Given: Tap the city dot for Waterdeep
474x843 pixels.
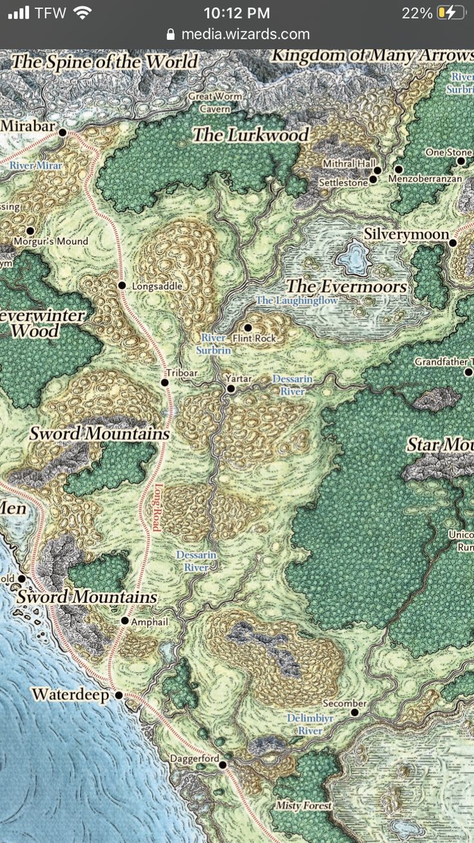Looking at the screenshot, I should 118,696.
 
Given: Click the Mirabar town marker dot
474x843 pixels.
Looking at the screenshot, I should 62,133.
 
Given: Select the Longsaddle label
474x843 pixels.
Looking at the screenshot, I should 157,286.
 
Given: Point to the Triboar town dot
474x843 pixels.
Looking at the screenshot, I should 165,383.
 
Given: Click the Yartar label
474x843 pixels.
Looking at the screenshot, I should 238,379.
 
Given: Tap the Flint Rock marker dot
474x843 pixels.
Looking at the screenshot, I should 247,328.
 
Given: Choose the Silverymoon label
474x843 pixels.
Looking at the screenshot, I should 406,234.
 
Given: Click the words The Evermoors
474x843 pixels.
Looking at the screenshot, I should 346,286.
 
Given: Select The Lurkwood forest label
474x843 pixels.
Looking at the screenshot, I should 251,135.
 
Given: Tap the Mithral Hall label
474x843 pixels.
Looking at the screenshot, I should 348,164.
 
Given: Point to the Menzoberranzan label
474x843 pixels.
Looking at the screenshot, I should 425,179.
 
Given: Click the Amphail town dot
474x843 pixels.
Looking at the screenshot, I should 125,621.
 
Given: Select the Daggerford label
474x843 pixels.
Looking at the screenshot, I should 194,759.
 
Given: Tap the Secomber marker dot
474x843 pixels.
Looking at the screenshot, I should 354,712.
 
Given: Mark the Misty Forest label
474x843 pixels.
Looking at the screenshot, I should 303,806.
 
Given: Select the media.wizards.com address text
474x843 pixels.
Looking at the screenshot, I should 245,34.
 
